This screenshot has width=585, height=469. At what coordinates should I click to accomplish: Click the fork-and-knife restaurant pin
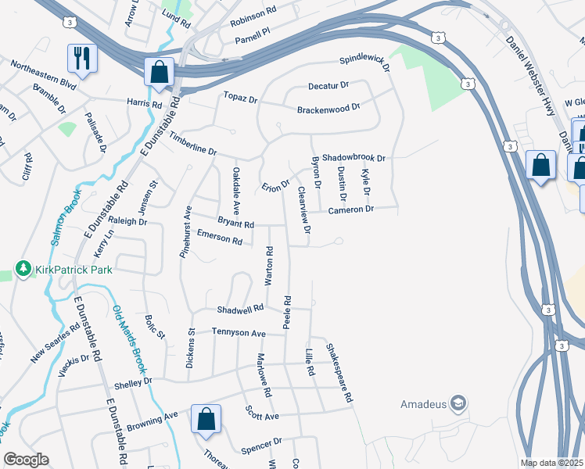pos(81,57)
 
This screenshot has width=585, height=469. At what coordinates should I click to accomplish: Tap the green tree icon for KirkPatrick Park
pos(23,270)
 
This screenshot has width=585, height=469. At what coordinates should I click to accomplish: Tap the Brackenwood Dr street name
pos(328,109)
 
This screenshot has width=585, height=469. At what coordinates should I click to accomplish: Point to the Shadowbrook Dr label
pos(354,158)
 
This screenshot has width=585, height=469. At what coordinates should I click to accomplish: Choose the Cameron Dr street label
pos(352,209)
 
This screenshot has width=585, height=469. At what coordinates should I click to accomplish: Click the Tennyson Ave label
pos(239,333)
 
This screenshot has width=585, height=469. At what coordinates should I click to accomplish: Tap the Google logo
pos(26,460)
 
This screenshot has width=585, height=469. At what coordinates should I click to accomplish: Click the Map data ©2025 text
pos(552,463)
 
